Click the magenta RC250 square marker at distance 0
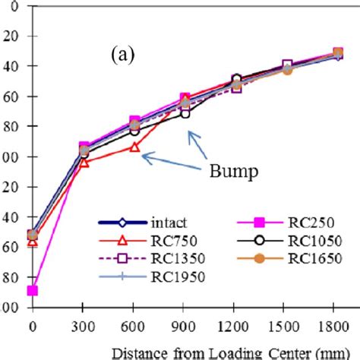coord(32,291)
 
